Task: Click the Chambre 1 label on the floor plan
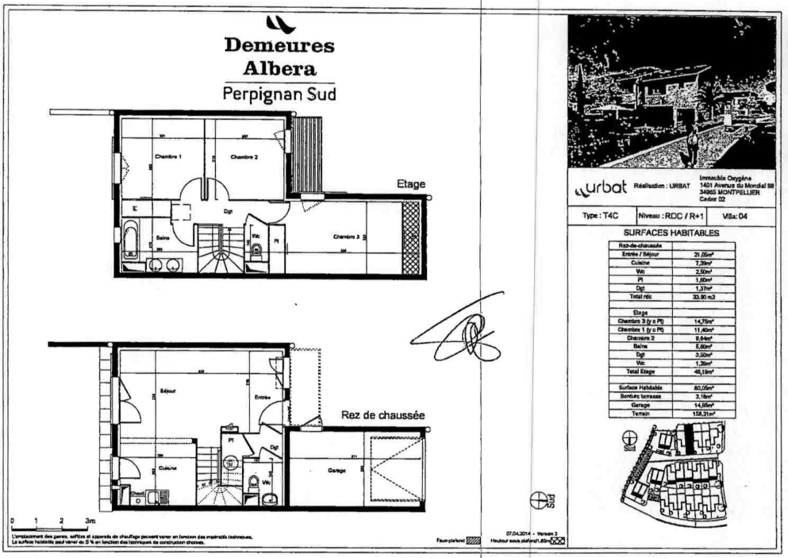click(168, 157)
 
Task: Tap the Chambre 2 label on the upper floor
click(244, 157)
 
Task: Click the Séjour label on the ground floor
click(167, 391)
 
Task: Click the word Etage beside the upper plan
click(411, 184)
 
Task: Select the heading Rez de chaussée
click(383, 415)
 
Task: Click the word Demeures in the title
click(279, 45)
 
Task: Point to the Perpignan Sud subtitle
click(279, 93)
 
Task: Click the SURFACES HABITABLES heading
click(671, 233)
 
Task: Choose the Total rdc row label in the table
click(640, 295)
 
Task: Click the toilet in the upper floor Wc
click(256, 251)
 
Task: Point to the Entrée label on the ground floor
click(263, 397)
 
